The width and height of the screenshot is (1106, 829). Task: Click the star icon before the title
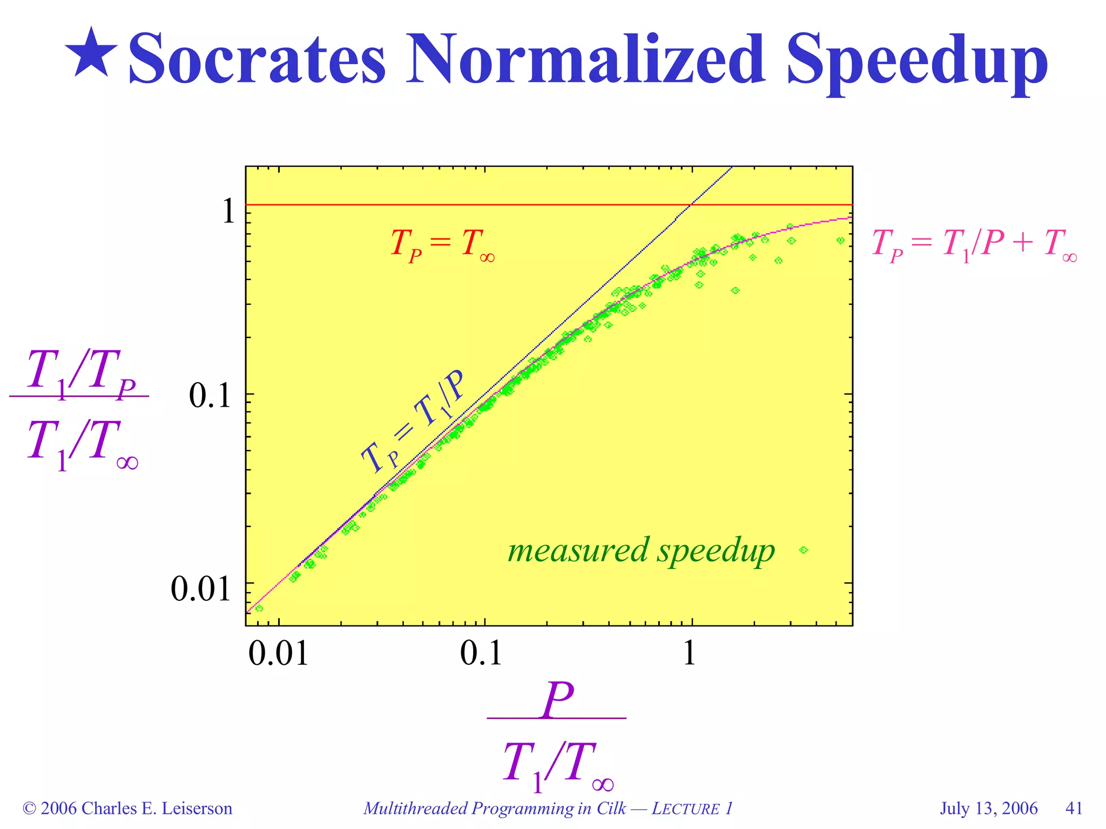(91, 52)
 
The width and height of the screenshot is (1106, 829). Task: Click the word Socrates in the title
(257, 58)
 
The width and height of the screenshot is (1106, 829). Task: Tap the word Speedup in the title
(916, 60)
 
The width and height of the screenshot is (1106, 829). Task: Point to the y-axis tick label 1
(229, 210)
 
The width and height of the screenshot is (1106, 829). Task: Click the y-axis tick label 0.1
(210, 397)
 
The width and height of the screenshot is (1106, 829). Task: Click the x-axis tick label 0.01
(278, 654)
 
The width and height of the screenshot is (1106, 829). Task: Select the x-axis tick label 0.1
(481, 654)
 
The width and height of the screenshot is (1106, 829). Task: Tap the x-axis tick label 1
(690, 654)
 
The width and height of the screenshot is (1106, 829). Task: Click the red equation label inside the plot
(442, 244)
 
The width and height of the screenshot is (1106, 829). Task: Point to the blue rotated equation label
(412, 422)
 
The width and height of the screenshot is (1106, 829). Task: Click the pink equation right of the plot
(974, 244)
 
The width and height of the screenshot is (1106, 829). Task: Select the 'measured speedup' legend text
(641, 551)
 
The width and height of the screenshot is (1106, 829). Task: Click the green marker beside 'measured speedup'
(804, 550)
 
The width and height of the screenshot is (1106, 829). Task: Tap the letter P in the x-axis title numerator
(558, 700)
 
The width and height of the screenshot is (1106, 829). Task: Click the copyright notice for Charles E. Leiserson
(127, 808)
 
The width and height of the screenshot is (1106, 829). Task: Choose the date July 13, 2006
(988, 808)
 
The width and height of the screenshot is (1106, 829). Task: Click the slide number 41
(1074, 808)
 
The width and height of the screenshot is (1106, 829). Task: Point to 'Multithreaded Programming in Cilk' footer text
(495, 808)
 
